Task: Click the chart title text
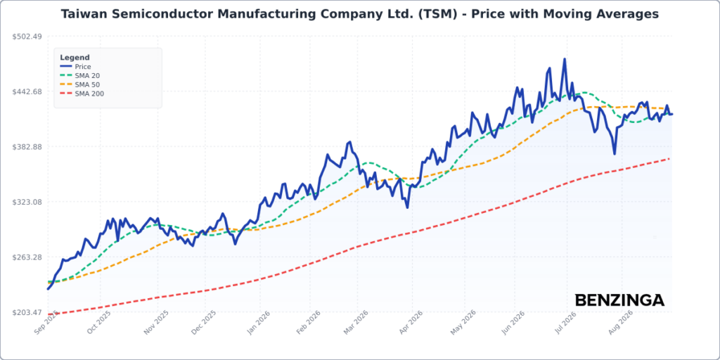click(360, 14)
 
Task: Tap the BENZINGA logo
click(619, 300)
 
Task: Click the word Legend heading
click(75, 58)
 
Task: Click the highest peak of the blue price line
click(565, 59)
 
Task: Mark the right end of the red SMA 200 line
click(669, 159)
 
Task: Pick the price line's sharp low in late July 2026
click(615, 154)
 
